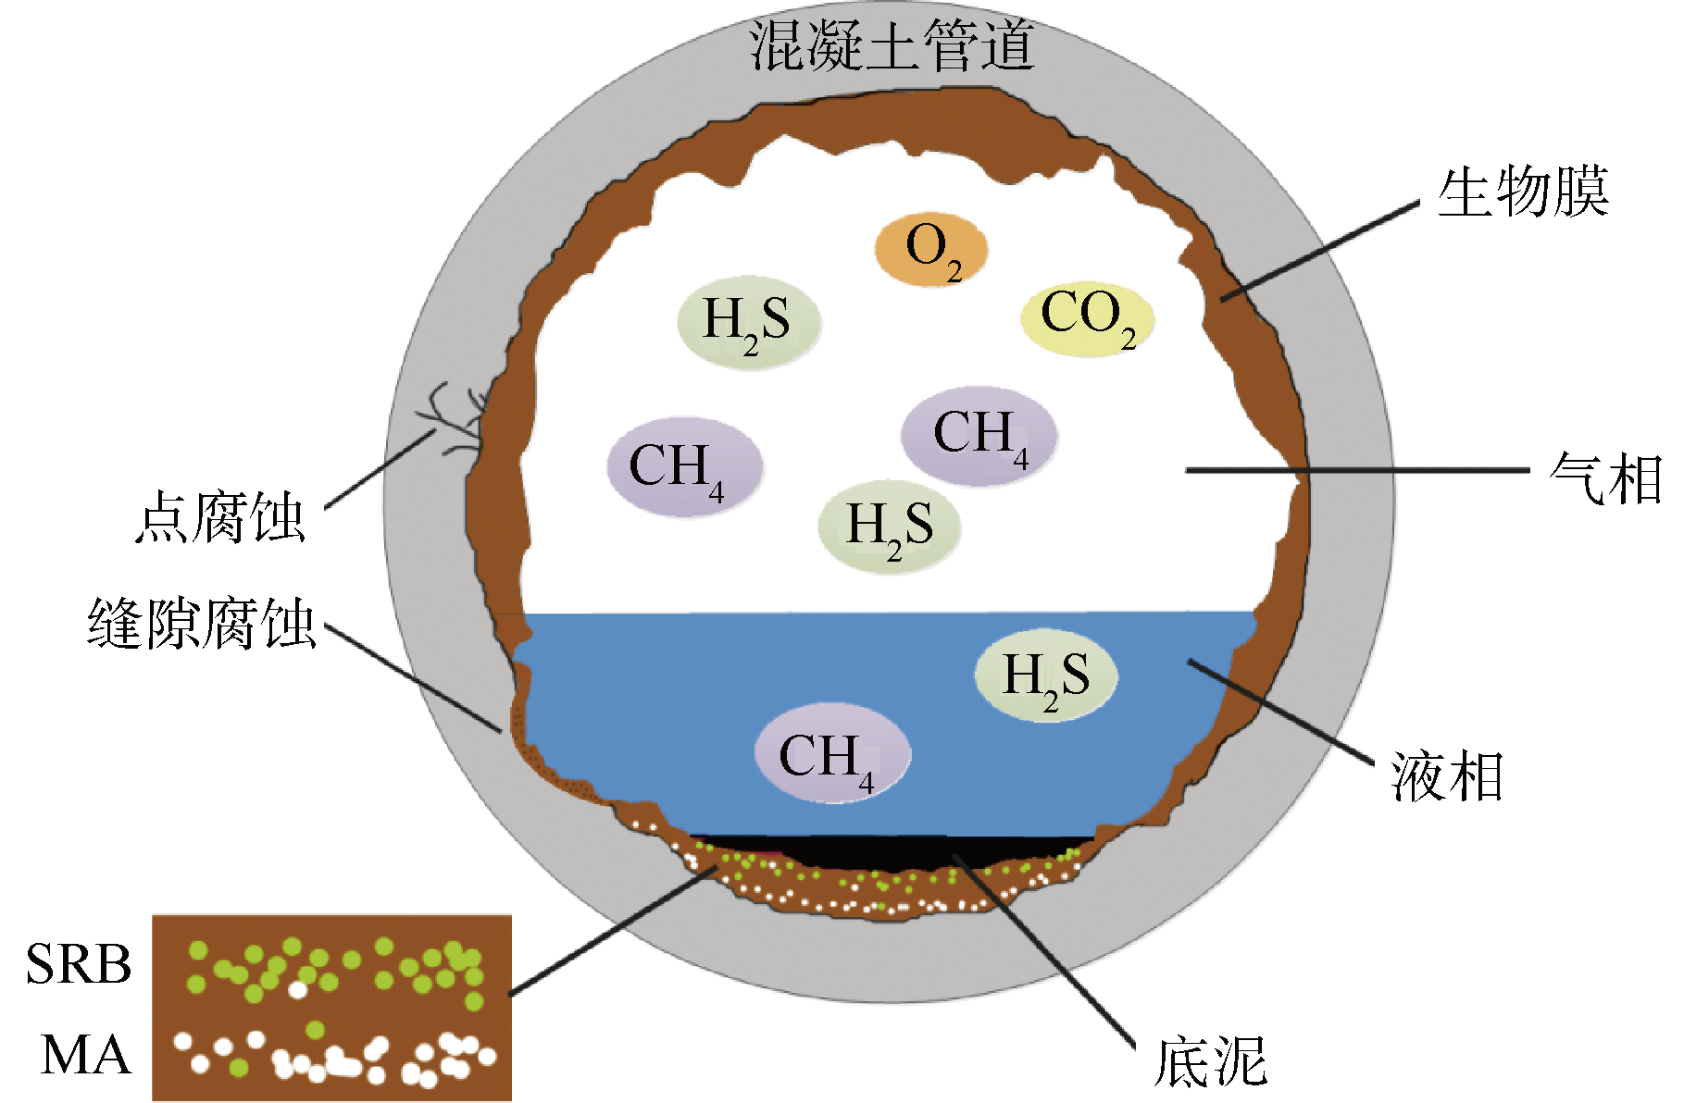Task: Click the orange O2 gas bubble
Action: point(931,249)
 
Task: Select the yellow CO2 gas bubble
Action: point(1087,318)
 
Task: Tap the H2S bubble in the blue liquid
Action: point(1046,675)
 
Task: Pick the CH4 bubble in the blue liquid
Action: point(831,754)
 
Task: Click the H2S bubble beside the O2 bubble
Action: point(749,322)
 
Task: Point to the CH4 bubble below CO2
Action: point(979,435)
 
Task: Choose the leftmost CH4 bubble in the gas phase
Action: point(684,466)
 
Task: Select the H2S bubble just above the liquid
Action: point(889,525)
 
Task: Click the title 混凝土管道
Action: point(891,46)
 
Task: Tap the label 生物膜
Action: point(1523,193)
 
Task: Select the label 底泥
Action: point(1210,1061)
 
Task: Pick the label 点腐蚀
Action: point(220,518)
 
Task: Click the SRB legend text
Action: point(79,964)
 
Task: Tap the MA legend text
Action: point(86,1055)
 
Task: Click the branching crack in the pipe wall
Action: point(454,421)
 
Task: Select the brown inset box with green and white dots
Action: point(331,1007)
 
